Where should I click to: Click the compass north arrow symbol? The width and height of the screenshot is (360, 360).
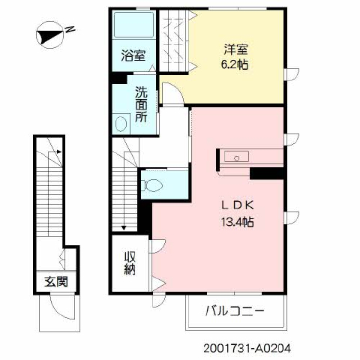[50, 34]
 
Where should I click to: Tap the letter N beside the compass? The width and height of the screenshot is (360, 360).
[70, 29]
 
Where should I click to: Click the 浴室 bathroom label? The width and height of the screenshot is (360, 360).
[133, 55]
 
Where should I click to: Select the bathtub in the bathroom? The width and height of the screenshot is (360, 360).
[133, 25]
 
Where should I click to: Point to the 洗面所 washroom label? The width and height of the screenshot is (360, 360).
[141, 104]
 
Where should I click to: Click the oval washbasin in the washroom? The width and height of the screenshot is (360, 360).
[121, 124]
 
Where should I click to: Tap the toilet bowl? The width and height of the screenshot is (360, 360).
[151, 185]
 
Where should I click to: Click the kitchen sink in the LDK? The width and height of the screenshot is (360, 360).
[236, 157]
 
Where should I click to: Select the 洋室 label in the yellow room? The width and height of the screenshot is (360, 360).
[235, 49]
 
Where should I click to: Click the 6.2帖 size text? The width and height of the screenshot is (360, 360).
[235, 65]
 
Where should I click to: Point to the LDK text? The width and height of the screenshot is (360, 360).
[238, 205]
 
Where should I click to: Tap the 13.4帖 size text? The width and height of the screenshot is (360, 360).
[238, 221]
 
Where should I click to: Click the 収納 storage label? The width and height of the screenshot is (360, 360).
[130, 263]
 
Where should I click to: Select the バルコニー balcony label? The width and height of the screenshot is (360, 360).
[235, 311]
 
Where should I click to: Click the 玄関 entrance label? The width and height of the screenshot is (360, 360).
[56, 282]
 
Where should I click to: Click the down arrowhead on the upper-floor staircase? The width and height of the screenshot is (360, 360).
[124, 228]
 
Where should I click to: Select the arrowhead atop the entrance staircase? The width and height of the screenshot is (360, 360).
[59, 151]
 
